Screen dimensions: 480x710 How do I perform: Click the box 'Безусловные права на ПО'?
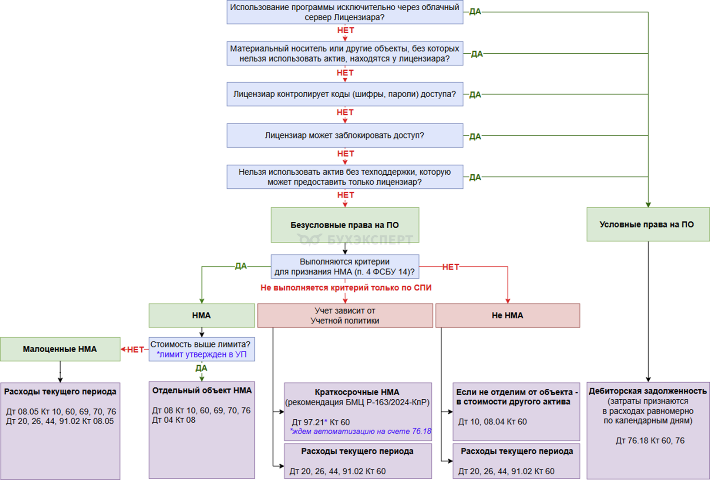click(x=345, y=224)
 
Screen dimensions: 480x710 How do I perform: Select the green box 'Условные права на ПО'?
click(x=647, y=224)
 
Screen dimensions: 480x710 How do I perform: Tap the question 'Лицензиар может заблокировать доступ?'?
click(x=345, y=135)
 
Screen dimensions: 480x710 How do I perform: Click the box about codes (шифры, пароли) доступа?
click(x=345, y=94)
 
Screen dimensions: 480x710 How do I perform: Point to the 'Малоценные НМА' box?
click(x=60, y=349)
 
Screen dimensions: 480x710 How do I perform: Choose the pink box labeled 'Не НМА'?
click(x=507, y=315)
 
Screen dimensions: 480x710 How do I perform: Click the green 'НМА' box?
click(x=201, y=315)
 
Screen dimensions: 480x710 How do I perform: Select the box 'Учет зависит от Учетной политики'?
click(x=345, y=315)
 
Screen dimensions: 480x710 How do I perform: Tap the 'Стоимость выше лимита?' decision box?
click(x=200, y=344)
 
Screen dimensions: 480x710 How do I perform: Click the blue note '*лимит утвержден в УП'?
click(x=201, y=354)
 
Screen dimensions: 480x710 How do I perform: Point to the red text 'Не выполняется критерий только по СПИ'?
click(x=346, y=287)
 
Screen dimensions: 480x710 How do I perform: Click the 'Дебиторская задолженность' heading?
click(x=647, y=391)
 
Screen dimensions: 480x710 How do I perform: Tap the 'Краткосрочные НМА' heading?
click(x=357, y=392)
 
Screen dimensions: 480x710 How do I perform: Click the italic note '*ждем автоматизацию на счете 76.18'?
click(x=360, y=431)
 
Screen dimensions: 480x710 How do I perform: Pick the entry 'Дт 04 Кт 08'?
click(x=174, y=420)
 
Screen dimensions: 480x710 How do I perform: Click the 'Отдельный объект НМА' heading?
click(x=202, y=390)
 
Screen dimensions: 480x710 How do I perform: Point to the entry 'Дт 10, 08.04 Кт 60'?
click(x=492, y=421)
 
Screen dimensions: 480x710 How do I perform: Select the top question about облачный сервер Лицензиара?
click(x=345, y=12)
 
